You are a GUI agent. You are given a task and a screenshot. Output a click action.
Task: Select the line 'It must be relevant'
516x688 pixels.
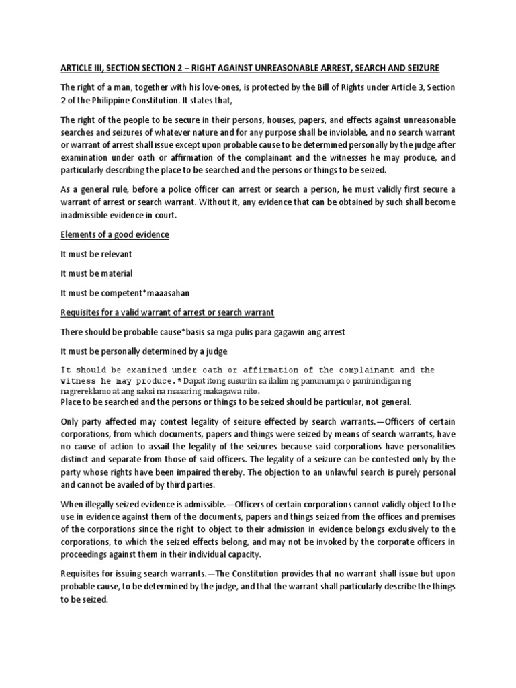(96, 254)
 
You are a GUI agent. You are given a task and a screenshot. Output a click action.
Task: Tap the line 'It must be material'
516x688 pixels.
(96, 273)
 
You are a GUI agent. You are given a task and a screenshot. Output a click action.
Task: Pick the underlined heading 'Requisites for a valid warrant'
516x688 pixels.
(167, 314)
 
